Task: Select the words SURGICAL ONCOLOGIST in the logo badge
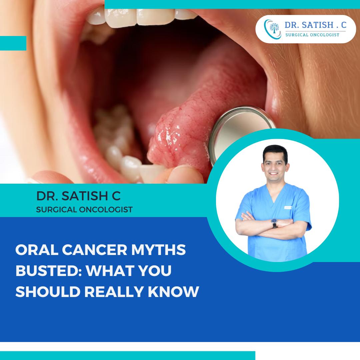312,35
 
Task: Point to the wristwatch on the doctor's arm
274,223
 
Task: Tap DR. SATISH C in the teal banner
79,196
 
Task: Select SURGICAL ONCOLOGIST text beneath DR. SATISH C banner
85,210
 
